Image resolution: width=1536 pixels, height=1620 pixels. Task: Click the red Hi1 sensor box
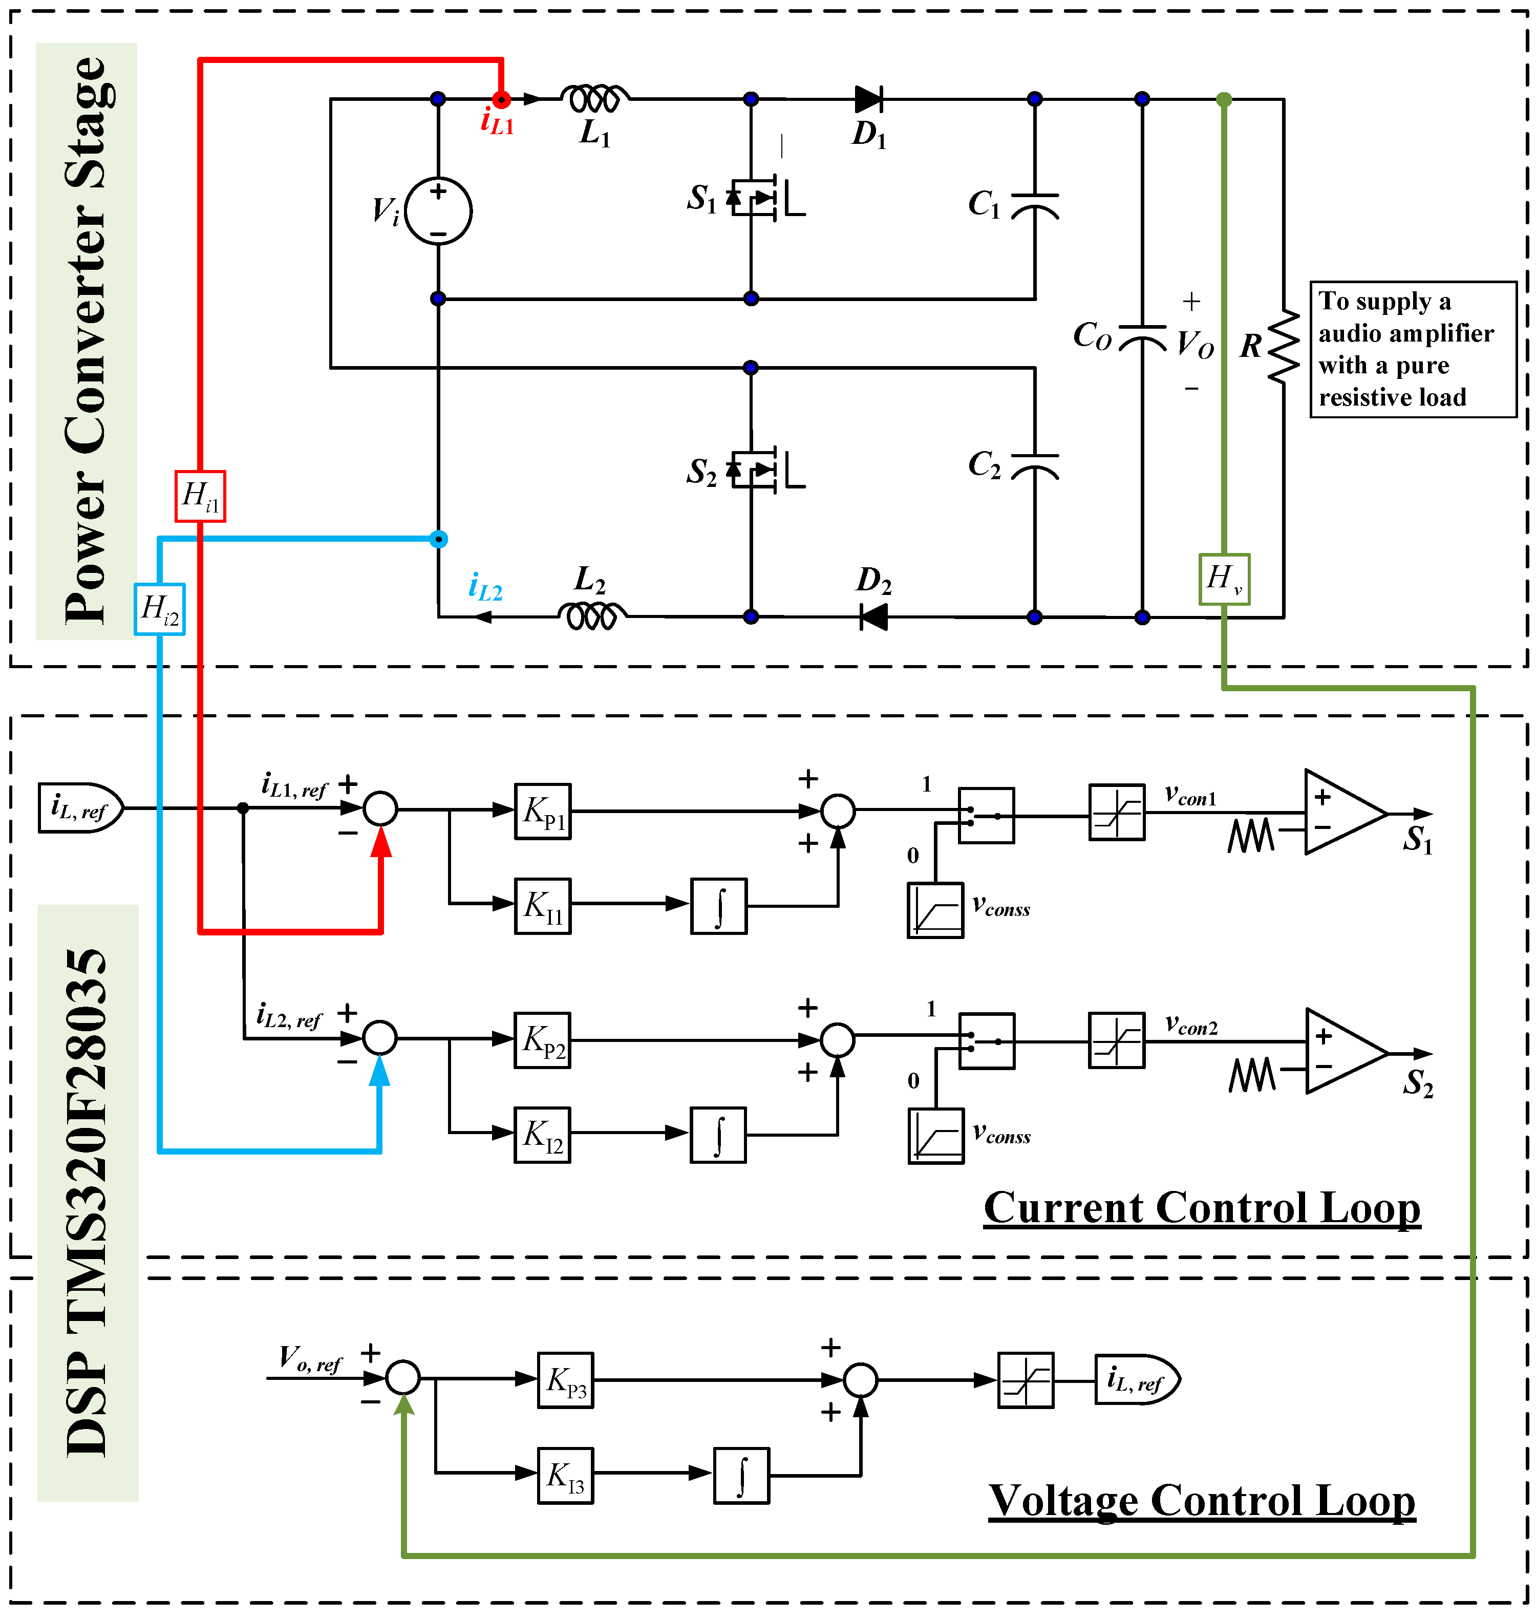200,496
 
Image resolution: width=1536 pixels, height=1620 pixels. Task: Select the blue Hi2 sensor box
160,609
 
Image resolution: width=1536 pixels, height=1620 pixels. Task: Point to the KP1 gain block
543,811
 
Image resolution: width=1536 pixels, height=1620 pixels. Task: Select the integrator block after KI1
719,906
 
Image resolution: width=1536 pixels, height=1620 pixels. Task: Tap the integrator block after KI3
742,1476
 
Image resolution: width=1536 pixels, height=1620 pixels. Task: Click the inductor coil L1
595,99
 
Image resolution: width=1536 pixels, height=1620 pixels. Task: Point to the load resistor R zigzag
1283,346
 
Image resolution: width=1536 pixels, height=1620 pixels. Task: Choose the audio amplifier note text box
1413,350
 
